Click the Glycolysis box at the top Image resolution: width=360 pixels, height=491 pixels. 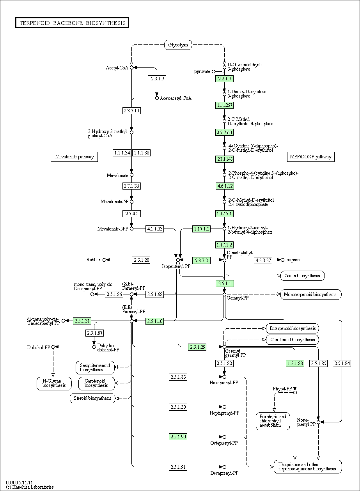pos(178,45)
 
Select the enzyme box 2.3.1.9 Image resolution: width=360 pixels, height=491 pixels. pos(157,79)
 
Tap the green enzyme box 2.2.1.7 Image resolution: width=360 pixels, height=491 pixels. pos(224,79)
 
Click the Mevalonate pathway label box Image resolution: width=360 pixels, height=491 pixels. pos(74,157)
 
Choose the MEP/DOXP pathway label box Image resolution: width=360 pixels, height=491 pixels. pos(310,157)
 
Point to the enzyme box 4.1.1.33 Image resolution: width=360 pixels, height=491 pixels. pos(155,229)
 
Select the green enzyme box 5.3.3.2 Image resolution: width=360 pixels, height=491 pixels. pos(202,260)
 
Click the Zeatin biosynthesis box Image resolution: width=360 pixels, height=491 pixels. pos(302,276)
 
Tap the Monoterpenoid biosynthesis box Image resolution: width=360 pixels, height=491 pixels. pos(310,294)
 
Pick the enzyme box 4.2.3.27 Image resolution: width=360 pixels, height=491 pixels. pos(263,260)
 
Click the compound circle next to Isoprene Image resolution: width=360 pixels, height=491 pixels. pos(282,260)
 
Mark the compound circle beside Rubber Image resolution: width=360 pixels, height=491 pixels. pos(104,260)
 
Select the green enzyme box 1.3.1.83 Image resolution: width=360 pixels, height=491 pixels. pos(295,363)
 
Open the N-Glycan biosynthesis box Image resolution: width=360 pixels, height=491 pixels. pos(54,383)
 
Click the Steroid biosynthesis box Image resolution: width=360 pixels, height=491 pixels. pos(92,398)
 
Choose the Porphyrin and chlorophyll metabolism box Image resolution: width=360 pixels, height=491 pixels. pos(273,421)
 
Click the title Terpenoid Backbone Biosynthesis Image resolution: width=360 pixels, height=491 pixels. pos(73,23)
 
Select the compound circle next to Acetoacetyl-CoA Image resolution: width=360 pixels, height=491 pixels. pos(157,98)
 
